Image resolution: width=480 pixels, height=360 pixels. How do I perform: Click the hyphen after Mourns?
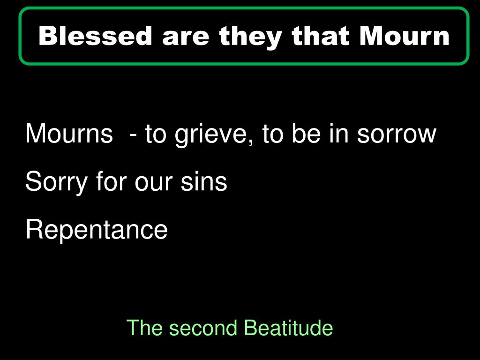[135, 135]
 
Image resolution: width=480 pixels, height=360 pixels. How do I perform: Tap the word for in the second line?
[112, 181]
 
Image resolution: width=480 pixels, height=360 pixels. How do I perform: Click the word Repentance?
[96, 230]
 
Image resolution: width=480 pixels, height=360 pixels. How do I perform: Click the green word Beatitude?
[289, 328]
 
